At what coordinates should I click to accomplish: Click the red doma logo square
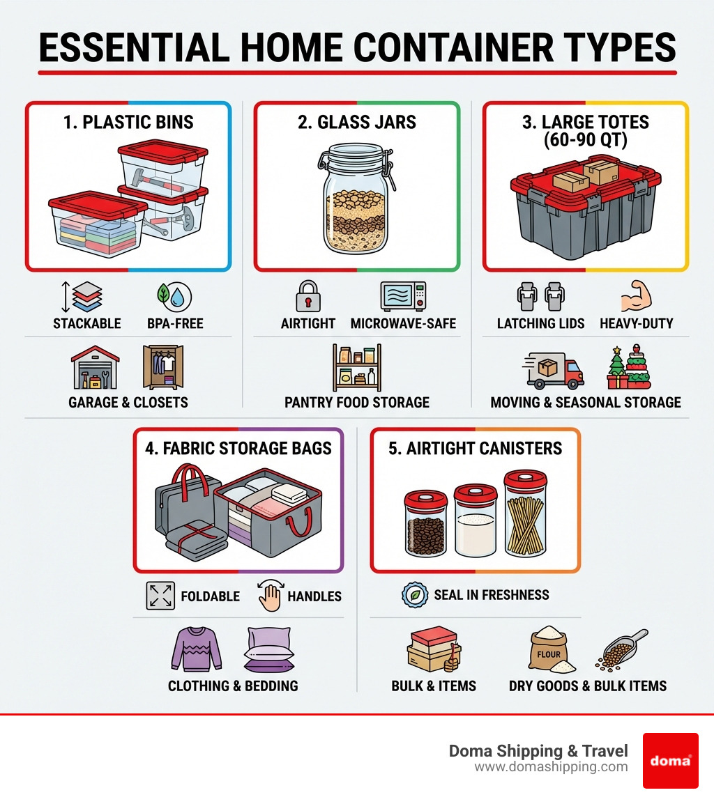[x=670, y=760]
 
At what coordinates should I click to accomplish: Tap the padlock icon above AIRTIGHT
[x=308, y=296]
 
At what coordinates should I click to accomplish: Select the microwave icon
[x=402, y=296]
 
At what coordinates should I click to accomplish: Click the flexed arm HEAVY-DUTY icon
[x=636, y=296]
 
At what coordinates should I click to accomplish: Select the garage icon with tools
[x=96, y=367]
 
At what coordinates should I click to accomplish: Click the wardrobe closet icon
[x=162, y=367]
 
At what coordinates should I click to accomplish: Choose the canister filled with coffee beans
[x=425, y=523]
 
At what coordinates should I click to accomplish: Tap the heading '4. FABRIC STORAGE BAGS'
[x=238, y=448]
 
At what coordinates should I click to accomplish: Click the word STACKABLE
[x=87, y=323]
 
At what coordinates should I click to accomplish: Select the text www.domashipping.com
[x=551, y=767]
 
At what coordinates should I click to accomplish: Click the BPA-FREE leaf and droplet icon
[x=173, y=296]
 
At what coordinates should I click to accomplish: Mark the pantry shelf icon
[x=356, y=367]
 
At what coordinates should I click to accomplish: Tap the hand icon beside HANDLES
[x=268, y=596]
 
